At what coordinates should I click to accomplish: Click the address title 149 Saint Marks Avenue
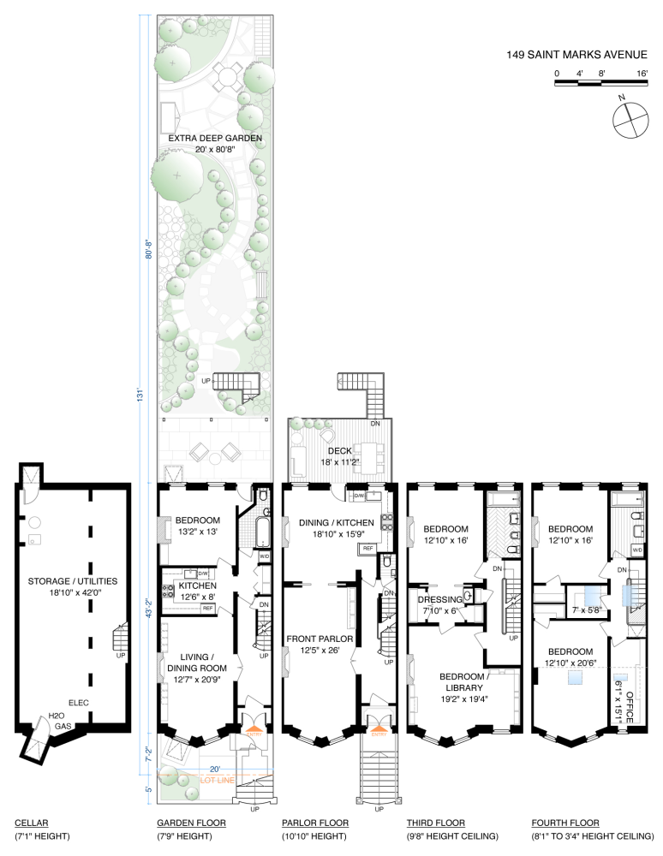click(x=576, y=55)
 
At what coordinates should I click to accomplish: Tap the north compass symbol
click(x=630, y=120)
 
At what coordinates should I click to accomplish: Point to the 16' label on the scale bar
click(x=642, y=73)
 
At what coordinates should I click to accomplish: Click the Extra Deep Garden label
click(x=215, y=138)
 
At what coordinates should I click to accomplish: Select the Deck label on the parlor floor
click(x=340, y=451)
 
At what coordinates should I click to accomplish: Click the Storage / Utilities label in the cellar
click(x=73, y=581)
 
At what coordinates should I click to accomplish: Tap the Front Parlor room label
click(x=320, y=639)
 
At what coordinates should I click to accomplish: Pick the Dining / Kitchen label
click(x=337, y=522)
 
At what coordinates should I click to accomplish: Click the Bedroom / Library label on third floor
click(x=464, y=682)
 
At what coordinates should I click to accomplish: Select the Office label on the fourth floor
click(x=629, y=707)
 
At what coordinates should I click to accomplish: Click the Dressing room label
click(x=441, y=599)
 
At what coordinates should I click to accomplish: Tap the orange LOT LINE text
click(x=218, y=780)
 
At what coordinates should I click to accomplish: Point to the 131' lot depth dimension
click(x=140, y=395)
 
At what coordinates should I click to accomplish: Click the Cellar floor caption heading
click(x=32, y=823)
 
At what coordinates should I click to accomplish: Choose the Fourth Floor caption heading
click(x=565, y=823)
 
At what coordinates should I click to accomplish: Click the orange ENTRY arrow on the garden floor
click(x=254, y=728)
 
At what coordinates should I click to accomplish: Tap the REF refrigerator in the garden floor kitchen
click(x=207, y=608)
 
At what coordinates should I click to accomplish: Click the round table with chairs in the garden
click(x=227, y=76)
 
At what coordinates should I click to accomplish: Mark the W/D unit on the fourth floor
click(x=637, y=550)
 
